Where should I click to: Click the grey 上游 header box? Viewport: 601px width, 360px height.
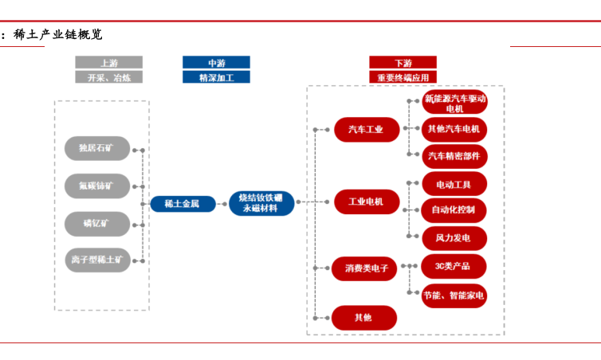(x=108, y=62)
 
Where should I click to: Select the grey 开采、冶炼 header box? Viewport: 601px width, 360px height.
(x=108, y=77)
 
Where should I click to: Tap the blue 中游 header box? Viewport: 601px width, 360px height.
(x=216, y=62)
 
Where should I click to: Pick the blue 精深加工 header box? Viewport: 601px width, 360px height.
(x=216, y=77)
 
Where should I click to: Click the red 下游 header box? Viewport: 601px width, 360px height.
(x=403, y=62)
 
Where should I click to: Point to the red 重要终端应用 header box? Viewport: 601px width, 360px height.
(x=403, y=77)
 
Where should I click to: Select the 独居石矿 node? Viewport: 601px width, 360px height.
(x=97, y=148)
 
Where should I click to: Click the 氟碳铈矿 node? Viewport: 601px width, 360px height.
(x=97, y=186)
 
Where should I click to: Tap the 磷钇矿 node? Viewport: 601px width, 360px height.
(x=97, y=222)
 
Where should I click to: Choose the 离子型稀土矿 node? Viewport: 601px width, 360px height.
(x=97, y=259)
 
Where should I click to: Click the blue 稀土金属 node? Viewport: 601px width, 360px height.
(x=183, y=203)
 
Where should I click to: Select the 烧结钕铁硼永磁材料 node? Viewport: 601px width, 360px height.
(x=261, y=203)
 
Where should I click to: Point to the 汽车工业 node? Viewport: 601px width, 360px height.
(x=366, y=129)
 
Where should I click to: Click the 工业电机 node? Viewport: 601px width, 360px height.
(x=366, y=202)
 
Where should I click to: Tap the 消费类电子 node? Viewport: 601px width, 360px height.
(x=366, y=268)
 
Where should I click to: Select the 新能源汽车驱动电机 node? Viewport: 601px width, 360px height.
(x=454, y=103)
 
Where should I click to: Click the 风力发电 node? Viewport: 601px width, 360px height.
(x=454, y=237)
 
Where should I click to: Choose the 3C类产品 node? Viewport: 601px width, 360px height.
(x=454, y=266)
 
